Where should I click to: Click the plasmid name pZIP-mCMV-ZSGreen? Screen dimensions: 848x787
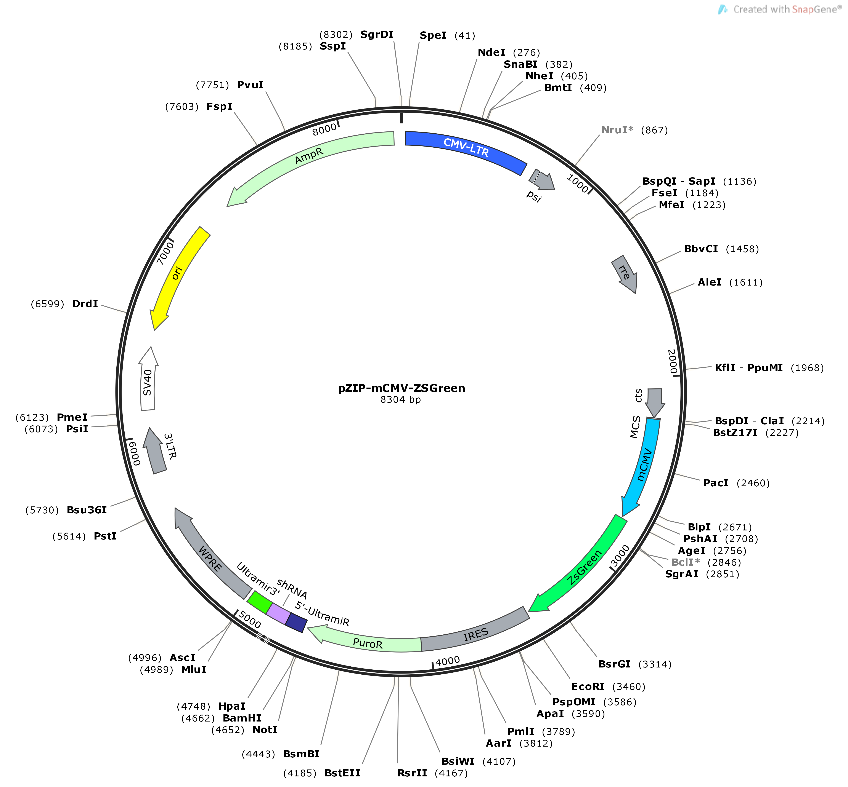[x=402, y=388]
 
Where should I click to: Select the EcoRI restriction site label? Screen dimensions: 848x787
[x=588, y=686]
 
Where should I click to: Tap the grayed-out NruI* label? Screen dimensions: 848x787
[x=617, y=130]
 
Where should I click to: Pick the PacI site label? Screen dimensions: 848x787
[x=716, y=483]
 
